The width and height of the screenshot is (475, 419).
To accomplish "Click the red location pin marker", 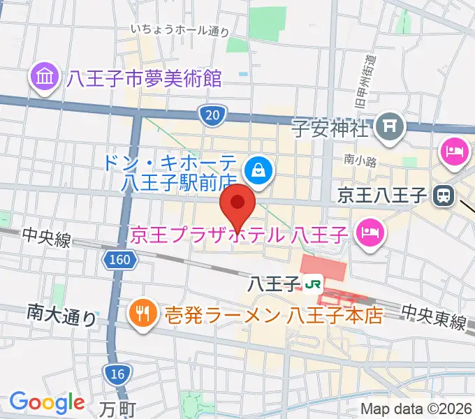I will pyautogui.click(x=238, y=205).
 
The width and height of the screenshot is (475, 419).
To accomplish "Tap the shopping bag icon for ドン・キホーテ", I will pyautogui.click(x=258, y=169).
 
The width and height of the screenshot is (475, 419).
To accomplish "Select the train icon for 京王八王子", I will pyautogui.click(x=442, y=196).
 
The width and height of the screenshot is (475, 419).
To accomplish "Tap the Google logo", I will pyautogui.click(x=47, y=402).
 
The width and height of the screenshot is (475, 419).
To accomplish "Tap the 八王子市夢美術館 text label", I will pyautogui.click(x=144, y=78).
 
